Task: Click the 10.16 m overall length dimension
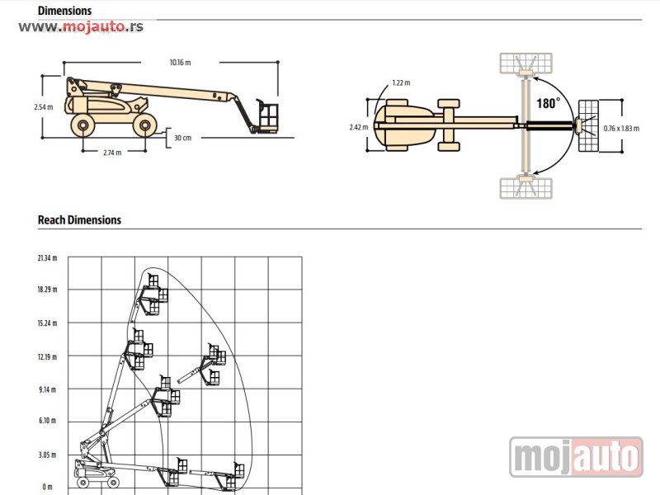180,63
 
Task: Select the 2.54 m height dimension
44,107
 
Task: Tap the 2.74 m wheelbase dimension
112,153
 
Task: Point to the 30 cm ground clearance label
182,138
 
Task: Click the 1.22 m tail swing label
401,83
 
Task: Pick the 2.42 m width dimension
359,127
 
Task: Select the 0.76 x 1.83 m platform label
621,129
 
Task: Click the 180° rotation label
549,103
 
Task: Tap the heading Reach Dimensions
79,220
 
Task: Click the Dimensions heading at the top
65,11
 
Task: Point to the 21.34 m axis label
47,258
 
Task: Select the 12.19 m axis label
47,357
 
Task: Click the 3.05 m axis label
47,455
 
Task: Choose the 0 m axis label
47,487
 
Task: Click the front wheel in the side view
144,125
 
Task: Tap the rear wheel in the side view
82,125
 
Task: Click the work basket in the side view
266,116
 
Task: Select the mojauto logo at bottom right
576,457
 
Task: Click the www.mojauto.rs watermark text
81,26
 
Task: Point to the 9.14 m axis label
47,389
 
